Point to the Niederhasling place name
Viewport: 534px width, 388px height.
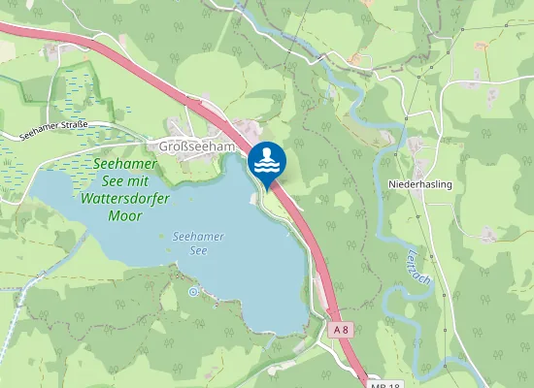[x=420, y=183]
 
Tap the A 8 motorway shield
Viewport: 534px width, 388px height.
[x=340, y=330]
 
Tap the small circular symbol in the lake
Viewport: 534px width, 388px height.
[x=193, y=290]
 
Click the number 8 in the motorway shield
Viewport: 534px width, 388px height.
[x=344, y=330]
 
